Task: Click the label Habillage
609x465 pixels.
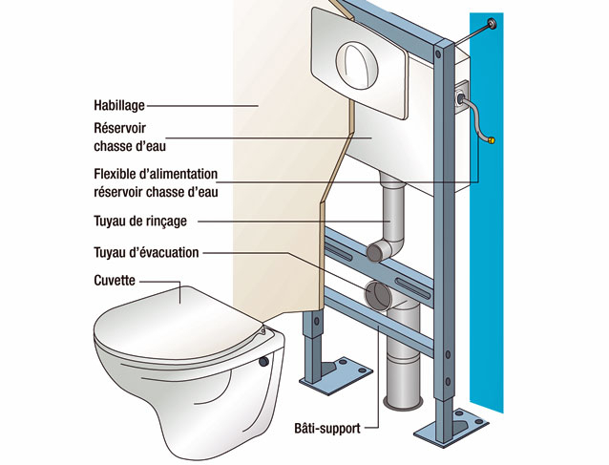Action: click(x=119, y=106)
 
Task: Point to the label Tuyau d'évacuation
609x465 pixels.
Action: click(x=146, y=253)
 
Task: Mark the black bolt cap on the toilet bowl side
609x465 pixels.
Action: click(x=262, y=363)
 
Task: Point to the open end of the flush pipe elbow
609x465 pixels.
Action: click(x=373, y=251)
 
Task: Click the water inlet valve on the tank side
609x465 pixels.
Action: click(x=464, y=96)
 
